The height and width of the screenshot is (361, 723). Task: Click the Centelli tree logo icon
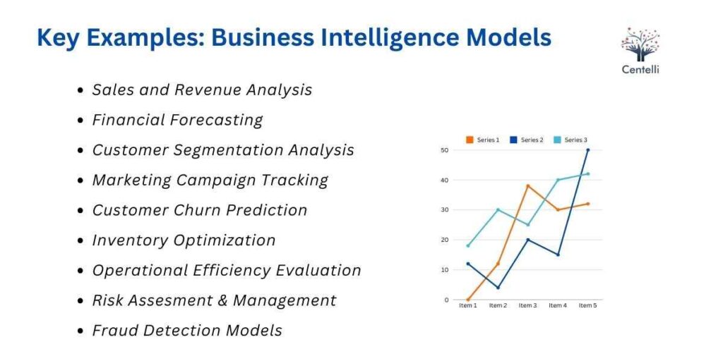click(x=640, y=43)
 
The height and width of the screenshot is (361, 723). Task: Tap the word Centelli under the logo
click(x=640, y=70)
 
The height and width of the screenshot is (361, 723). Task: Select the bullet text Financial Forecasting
click(x=177, y=120)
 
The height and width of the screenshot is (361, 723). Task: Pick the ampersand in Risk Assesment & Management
click(x=222, y=300)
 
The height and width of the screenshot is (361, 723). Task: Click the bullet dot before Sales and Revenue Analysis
click(x=81, y=91)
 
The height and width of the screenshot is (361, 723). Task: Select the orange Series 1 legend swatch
click(x=470, y=140)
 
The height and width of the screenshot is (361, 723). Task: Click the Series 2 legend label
click(x=532, y=140)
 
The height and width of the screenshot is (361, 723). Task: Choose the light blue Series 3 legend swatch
click(x=557, y=140)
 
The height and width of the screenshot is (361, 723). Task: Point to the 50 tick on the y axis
click(x=444, y=150)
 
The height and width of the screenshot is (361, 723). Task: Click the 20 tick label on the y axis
click(x=444, y=240)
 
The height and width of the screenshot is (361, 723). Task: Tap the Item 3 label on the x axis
click(x=527, y=305)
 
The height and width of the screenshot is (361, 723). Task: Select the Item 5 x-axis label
click(x=587, y=305)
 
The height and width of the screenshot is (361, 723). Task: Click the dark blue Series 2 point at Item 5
click(x=587, y=150)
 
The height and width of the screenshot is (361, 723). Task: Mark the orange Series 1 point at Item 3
click(x=527, y=186)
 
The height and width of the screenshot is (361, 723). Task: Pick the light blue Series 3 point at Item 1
click(x=467, y=246)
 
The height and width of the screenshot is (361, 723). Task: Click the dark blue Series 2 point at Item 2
click(x=498, y=288)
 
